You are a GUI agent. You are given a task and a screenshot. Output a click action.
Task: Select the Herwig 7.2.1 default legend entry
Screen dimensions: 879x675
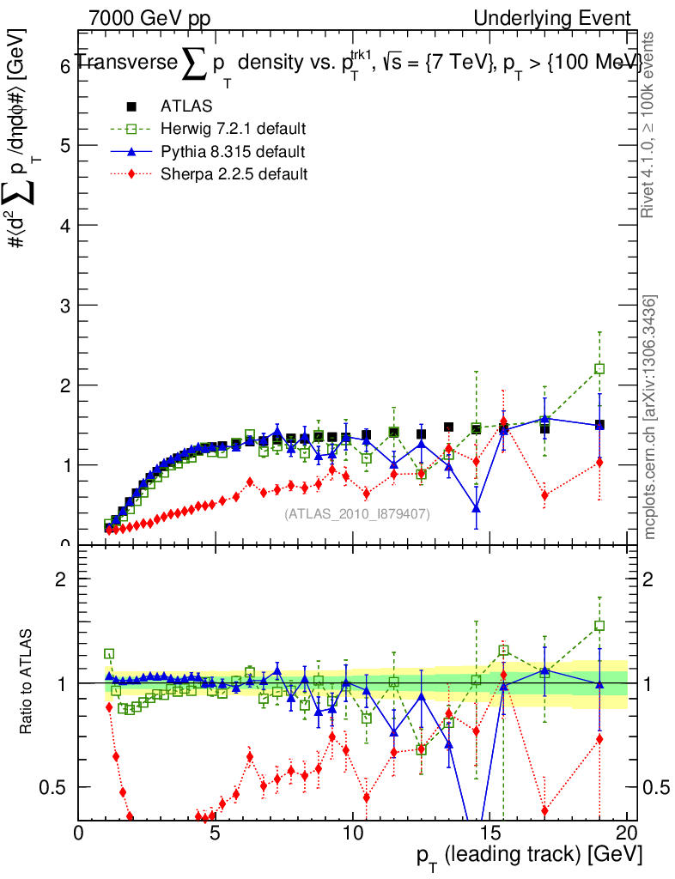233,130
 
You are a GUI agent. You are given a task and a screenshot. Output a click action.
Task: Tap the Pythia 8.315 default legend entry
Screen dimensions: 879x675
232,152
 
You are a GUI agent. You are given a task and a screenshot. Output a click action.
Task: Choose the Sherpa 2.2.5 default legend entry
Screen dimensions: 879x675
234,174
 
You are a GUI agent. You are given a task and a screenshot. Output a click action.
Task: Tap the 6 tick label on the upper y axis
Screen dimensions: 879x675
64,66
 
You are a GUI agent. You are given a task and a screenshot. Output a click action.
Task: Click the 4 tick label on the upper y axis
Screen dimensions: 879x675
64,225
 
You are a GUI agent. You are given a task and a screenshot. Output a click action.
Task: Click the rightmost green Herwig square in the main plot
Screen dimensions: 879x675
599,368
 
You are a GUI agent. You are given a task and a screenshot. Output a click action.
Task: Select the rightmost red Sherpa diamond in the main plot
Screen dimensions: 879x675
599,463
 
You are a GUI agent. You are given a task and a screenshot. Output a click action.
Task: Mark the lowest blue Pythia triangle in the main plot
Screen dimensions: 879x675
476,508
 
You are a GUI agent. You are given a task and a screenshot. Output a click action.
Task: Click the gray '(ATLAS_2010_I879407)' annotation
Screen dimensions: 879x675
357,513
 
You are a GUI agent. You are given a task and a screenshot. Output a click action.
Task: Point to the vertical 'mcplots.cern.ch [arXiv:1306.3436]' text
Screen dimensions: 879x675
650,417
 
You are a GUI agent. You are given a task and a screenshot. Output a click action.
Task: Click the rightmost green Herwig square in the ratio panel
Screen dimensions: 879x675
599,626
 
